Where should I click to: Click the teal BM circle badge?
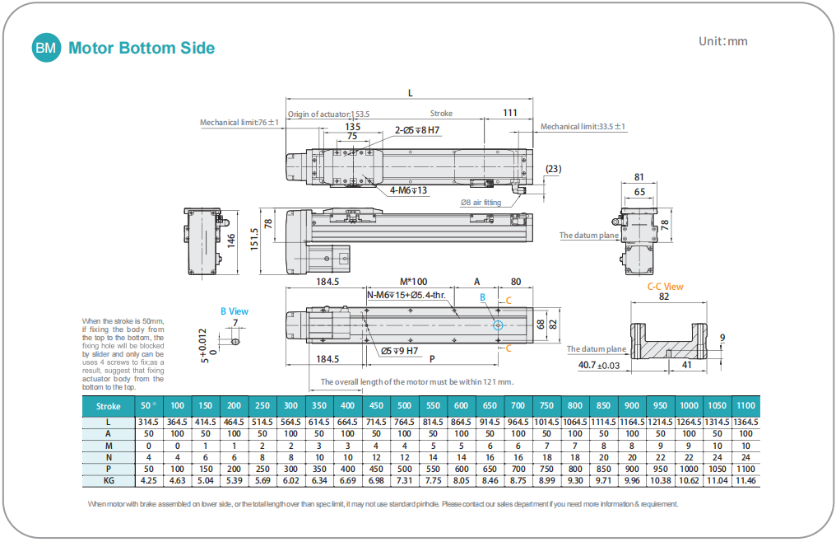(46, 48)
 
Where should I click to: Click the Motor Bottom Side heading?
(142, 48)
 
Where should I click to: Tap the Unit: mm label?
(723, 41)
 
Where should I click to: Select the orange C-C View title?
(665, 287)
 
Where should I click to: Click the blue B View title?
(234, 311)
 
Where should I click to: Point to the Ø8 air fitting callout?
(481, 202)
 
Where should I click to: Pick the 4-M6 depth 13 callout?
(408, 190)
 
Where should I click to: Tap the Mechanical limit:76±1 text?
(239, 123)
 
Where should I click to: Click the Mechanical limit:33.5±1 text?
(583, 127)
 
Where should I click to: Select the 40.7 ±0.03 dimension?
(599, 365)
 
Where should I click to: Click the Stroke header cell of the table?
(109, 405)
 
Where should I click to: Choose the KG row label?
(109, 480)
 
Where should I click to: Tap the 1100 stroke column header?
(745, 405)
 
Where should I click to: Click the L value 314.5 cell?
(148, 422)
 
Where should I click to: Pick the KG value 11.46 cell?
(745, 480)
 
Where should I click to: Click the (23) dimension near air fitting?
(554, 170)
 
